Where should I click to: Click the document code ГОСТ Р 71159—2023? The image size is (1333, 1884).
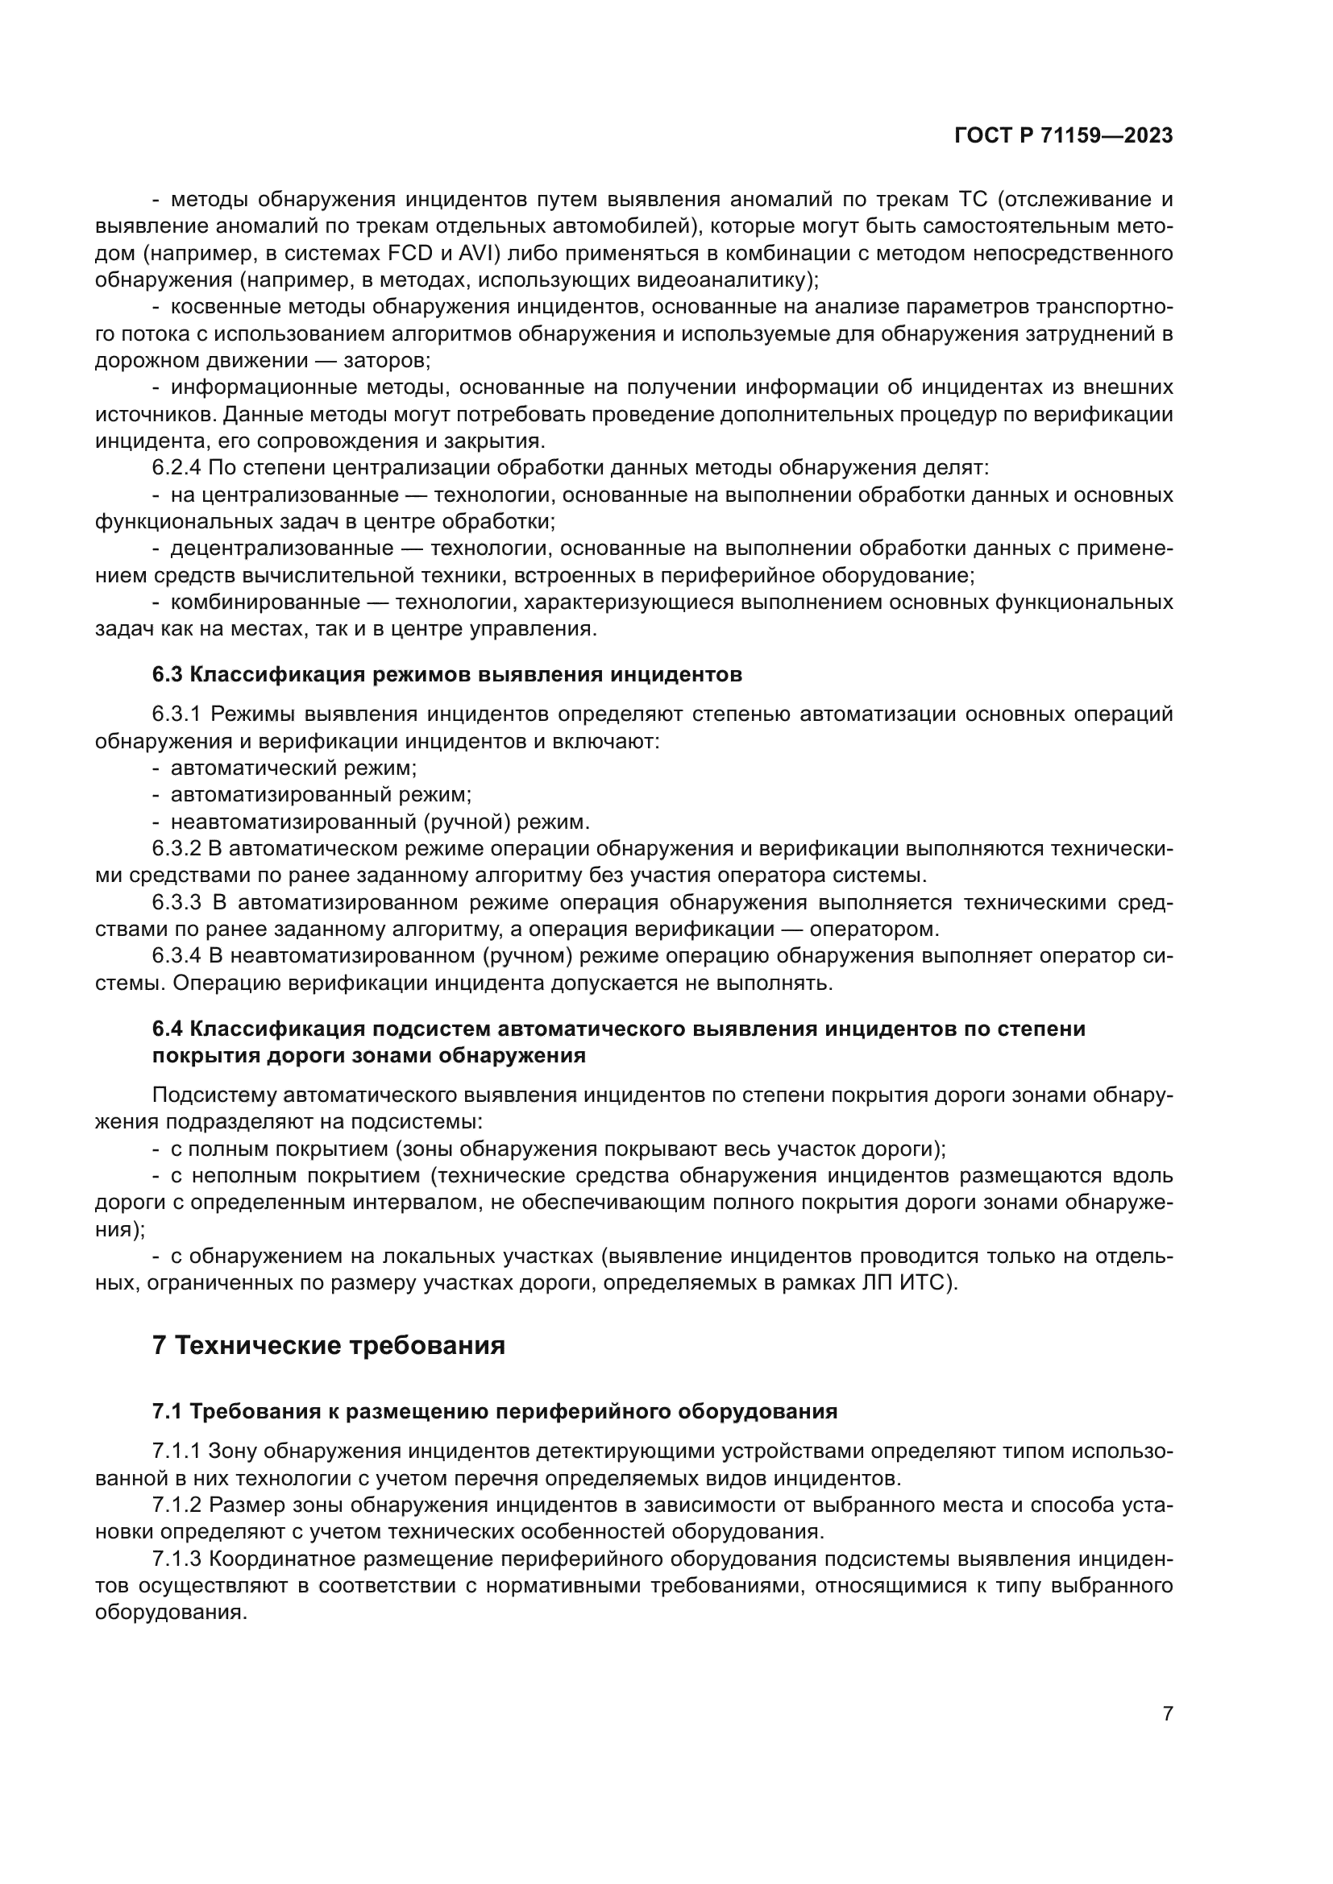point(1064,136)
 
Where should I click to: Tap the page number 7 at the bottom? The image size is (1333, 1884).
point(1168,1713)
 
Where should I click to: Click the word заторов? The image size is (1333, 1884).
point(387,361)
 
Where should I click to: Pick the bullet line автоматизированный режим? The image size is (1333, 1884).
point(321,795)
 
